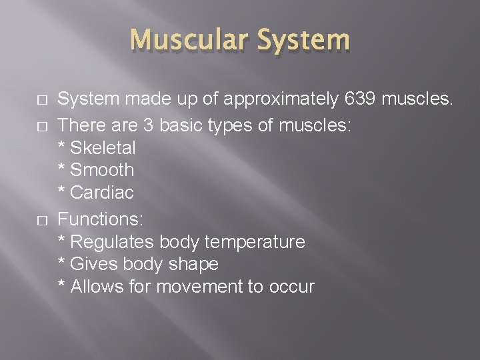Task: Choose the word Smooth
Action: coord(102,170)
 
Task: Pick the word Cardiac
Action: coord(101,193)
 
